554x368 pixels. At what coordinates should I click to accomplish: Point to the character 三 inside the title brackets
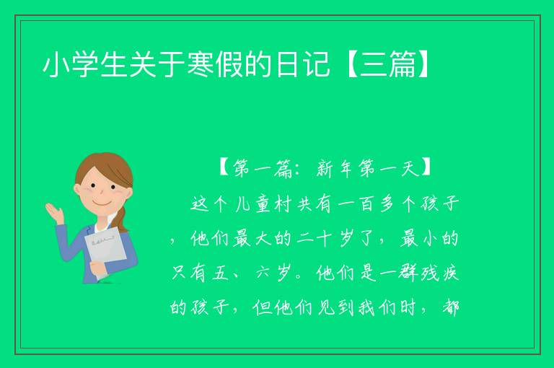click(373, 65)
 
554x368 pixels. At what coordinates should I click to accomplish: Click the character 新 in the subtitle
click(325, 169)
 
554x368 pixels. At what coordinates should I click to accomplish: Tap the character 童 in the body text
click(263, 204)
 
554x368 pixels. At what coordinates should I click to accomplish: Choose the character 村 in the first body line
click(283, 204)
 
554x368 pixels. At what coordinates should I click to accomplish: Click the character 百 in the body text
click(366, 204)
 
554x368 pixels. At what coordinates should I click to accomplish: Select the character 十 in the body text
click(325, 239)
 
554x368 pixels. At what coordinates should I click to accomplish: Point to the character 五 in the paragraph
click(220, 273)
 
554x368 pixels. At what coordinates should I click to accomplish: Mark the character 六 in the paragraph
click(263, 273)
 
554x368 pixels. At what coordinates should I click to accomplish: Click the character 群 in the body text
click(408, 273)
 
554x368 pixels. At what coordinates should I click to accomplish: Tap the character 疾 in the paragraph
click(450, 273)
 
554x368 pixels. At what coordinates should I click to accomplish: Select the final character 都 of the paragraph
click(450, 307)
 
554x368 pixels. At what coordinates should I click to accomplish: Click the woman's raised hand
click(55, 213)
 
